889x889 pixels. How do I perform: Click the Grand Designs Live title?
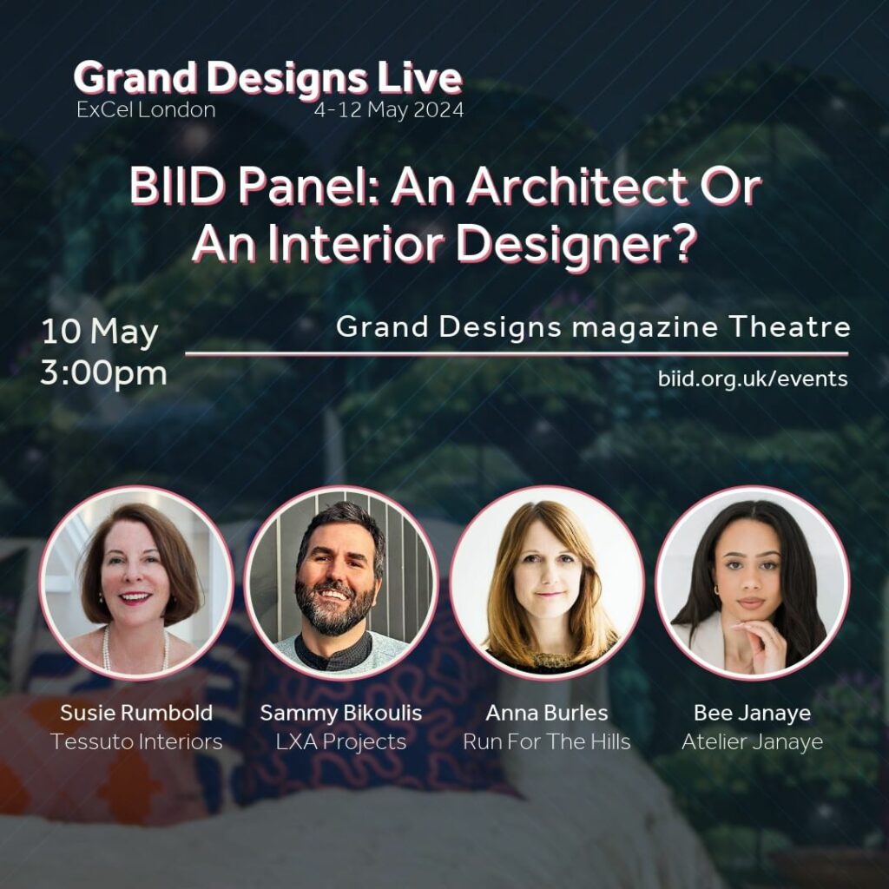click(268, 77)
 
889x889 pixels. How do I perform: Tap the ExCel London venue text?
click(146, 109)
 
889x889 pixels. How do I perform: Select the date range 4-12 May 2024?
click(389, 109)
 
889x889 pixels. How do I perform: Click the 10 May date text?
click(100, 333)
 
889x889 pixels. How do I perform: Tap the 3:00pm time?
click(104, 374)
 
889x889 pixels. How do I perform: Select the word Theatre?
click(790, 326)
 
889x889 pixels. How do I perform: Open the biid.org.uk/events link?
click(753, 379)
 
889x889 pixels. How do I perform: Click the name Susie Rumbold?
click(136, 713)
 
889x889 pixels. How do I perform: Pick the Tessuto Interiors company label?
click(136, 741)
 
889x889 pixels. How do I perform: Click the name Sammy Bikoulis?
click(341, 713)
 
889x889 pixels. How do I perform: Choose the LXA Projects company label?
click(341, 742)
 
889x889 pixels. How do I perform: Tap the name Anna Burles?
click(547, 713)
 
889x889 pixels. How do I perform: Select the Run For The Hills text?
click(547, 741)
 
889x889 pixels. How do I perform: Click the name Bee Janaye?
click(753, 714)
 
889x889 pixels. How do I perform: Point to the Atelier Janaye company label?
click(753, 742)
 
